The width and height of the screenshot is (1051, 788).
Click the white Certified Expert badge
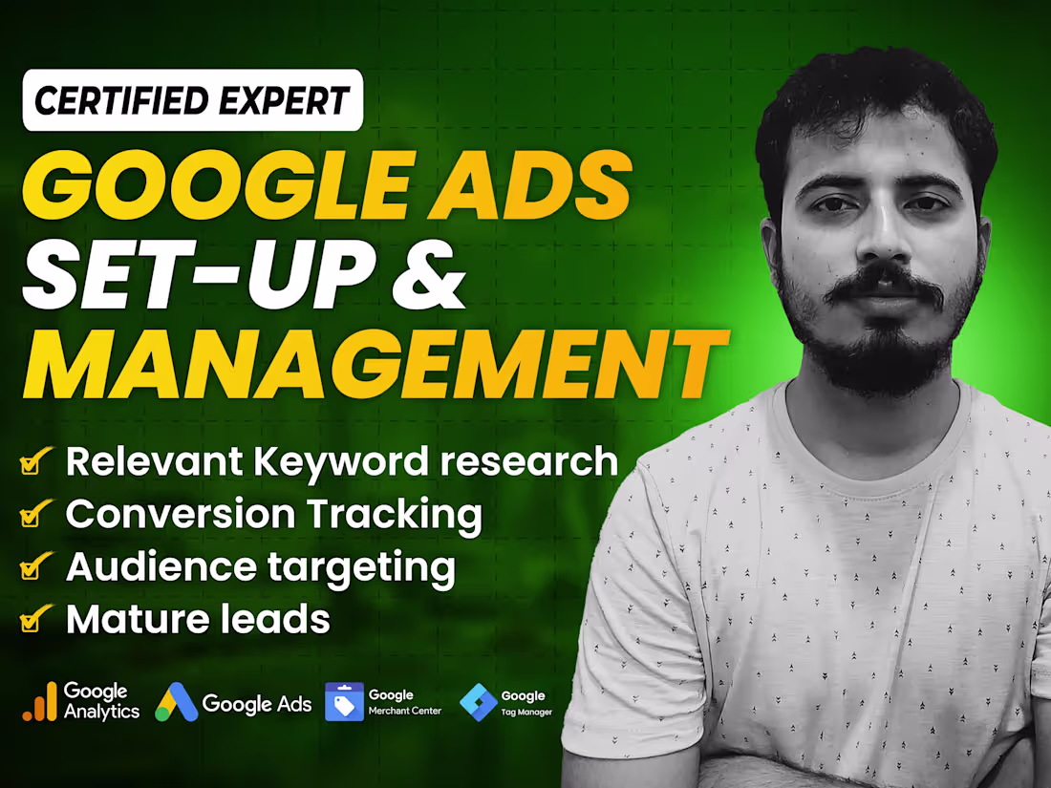[192, 99]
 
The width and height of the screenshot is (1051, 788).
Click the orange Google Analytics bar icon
[39, 704]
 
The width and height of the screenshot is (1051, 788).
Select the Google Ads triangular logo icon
[176, 703]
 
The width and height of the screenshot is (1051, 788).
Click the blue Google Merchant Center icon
[344, 702]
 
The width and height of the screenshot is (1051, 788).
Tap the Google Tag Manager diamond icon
[478, 703]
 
